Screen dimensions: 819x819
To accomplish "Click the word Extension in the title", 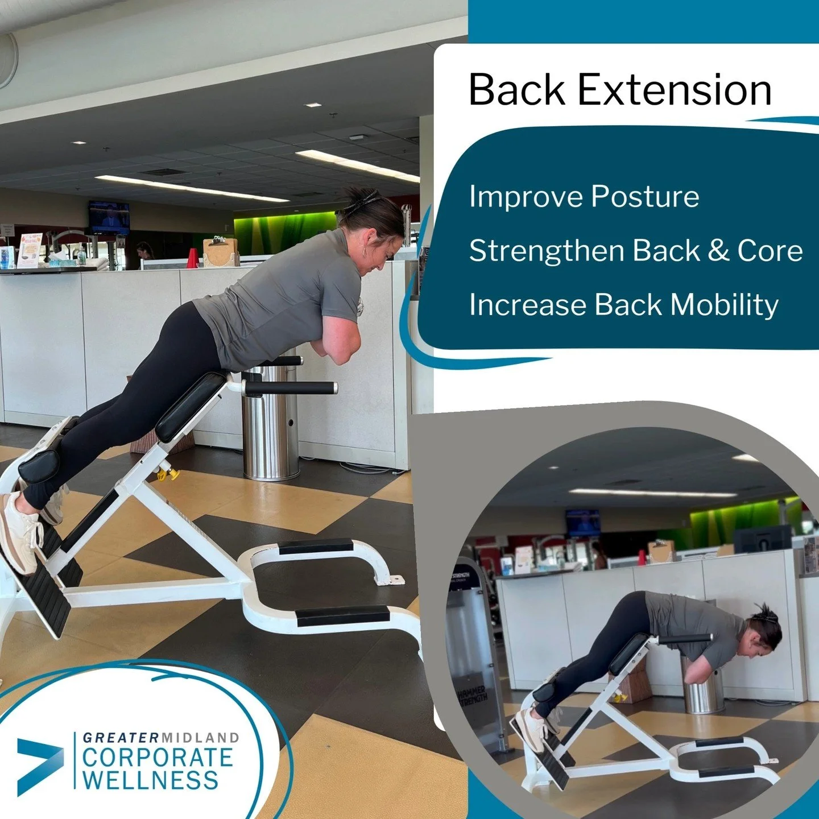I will [x=675, y=90].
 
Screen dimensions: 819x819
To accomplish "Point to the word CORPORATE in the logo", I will [x=158, y=758].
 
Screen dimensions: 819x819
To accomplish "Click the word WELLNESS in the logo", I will [x=151, y=780].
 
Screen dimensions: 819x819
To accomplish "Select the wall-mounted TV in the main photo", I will [x=109, y=217].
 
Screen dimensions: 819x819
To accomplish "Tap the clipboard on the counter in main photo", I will [x=221, y=252].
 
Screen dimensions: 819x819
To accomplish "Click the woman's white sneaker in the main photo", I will [x=20, y=533].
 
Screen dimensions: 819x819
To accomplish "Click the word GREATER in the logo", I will [x=120, y=738].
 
